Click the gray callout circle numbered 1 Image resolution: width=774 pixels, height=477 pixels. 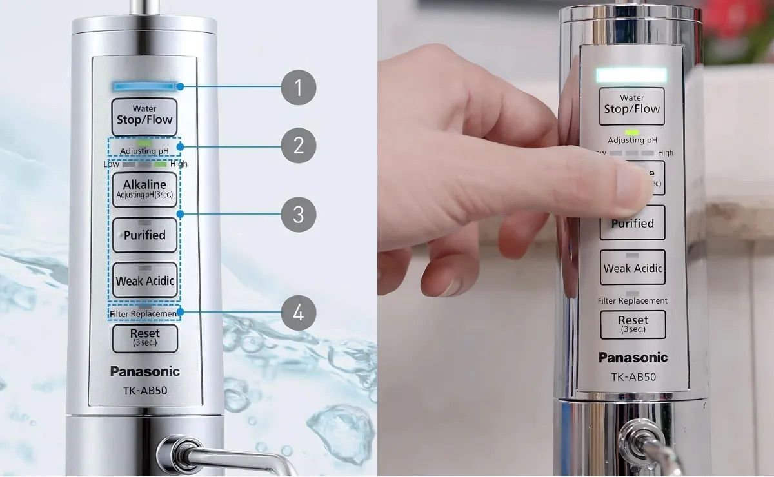coord(298,87)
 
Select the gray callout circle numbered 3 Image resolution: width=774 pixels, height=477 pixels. coord(298,213)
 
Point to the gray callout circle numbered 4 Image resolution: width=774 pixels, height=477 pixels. coord(298,313)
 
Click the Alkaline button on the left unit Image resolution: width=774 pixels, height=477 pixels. coord(144,190)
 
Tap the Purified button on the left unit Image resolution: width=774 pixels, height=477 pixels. coord(144,235)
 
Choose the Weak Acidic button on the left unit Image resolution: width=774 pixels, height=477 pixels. coord(144,280)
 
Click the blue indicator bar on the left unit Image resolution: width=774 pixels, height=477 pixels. coord(144,85)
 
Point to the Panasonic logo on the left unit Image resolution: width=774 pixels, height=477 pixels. coord(144,371)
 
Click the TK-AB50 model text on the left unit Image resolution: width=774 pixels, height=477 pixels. coord(144,389)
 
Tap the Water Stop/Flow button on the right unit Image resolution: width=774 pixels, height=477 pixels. coord(632,106)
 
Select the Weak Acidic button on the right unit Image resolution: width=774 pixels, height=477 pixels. coord(632,268)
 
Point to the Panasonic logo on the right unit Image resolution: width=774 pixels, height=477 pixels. coord(633,357)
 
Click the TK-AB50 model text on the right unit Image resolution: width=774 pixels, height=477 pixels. coord(633,376)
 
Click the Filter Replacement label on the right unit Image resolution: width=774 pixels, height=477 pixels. coord(632,301)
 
